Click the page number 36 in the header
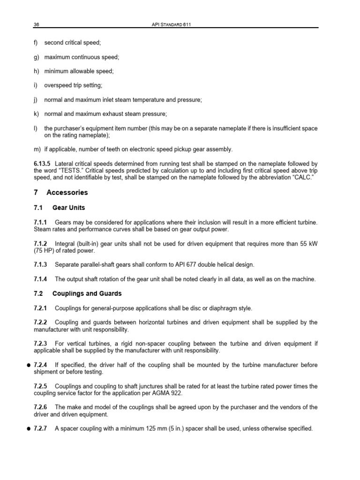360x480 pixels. point(36,24)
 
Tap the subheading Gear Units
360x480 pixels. point(68,208)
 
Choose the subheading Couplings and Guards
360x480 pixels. point(87,293)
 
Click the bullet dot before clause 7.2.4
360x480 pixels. point(29,365)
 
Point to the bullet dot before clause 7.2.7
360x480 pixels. point(29,429)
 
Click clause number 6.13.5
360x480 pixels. point(44,164)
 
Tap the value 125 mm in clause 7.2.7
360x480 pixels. point(150,429)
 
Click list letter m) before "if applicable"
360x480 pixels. point(37,150)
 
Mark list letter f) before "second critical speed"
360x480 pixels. point(36,43)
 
